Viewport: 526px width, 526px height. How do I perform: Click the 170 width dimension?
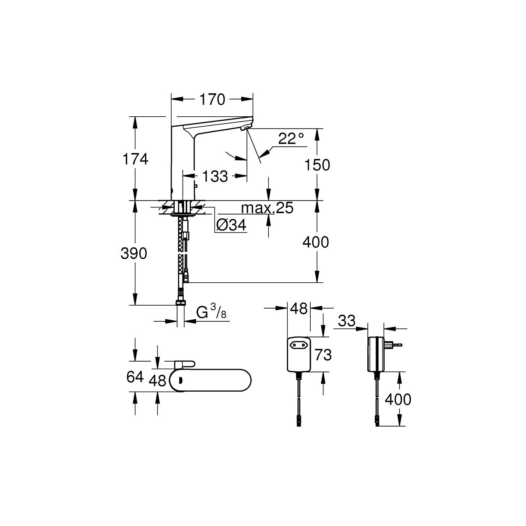(212, 99)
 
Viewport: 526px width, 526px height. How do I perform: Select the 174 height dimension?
(135, 159)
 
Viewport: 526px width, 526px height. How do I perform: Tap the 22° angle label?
(291, 138)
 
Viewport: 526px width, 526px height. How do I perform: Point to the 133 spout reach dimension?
(215, 176)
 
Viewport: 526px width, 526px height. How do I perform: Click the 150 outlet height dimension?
(317, 165)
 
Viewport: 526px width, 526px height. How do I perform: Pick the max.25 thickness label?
(267, 208)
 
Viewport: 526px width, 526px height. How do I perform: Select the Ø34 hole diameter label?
(231, 225)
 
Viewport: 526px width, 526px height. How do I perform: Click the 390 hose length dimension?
(134, 254)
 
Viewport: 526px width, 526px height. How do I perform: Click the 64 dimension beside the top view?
(135, 377)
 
